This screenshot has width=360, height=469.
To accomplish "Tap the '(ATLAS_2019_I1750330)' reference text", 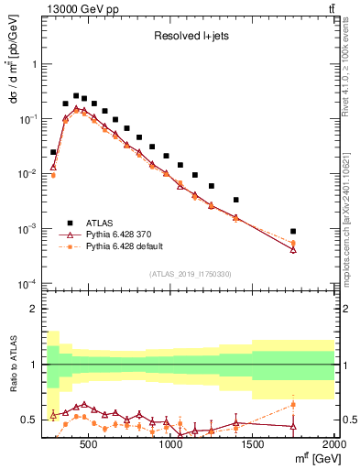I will click(190, 274).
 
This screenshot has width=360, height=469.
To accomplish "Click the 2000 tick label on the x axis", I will click(333, 446).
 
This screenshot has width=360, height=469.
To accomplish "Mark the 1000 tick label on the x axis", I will click(170, 446).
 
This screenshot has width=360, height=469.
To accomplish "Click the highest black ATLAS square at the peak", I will click(76, 95).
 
